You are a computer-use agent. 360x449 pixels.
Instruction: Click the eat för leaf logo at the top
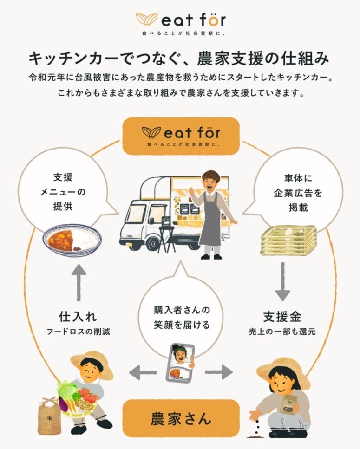click(148, 20)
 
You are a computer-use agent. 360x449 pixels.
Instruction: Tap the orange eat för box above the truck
click(181, 136)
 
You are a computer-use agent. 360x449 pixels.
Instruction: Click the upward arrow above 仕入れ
click(78, 284)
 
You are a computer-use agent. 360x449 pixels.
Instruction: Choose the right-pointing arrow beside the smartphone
click(219, 371)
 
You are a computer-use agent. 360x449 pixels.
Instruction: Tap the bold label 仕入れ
click(78, 317)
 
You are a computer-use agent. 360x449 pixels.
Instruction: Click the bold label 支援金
click(282, 317)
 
